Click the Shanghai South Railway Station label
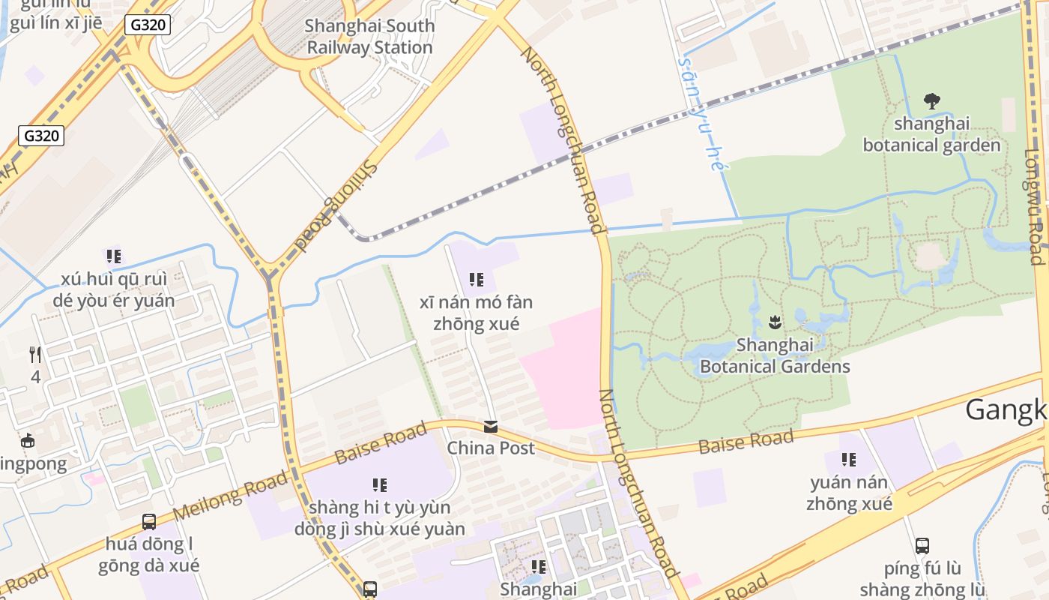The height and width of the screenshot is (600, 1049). pyautogui.click(x=369, y=37)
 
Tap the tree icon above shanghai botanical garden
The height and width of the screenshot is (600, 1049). pyautogui.click(x=931, y=100)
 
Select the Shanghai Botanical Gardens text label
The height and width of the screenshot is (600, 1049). pyautogui.click(x=775, y=355)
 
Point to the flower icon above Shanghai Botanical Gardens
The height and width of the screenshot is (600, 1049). pyautogui.click(x=775, y=323)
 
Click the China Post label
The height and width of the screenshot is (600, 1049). pyautogui.click(x=491, y=448)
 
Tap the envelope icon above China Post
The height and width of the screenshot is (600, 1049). pyautogui.click(x=491, y=427)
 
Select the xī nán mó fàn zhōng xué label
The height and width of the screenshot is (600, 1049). pyautogui.click(x=476, y=313)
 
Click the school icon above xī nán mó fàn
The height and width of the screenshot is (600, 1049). pyautogui.click(x=476, y=280)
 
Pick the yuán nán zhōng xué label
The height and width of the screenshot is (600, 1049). pyautogui.click(x=849, y=493)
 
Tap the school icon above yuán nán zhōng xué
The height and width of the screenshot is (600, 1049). pyautogui.click(x=849, y=459)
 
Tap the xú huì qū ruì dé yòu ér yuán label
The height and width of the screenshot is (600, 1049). pyautogui.click(x=113, y=290)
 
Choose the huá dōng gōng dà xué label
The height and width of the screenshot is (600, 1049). pyautogui.click(x=149, y=554)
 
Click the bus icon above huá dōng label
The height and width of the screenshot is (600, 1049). pyautogui.click(x=149, y=521)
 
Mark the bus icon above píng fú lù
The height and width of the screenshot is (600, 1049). pyautogui.click(x=922, y=546)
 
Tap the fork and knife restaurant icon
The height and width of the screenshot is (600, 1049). pyautogui.click(x=35, y=354)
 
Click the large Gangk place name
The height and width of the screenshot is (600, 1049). pyautogui.click(x=1006, y=409)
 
